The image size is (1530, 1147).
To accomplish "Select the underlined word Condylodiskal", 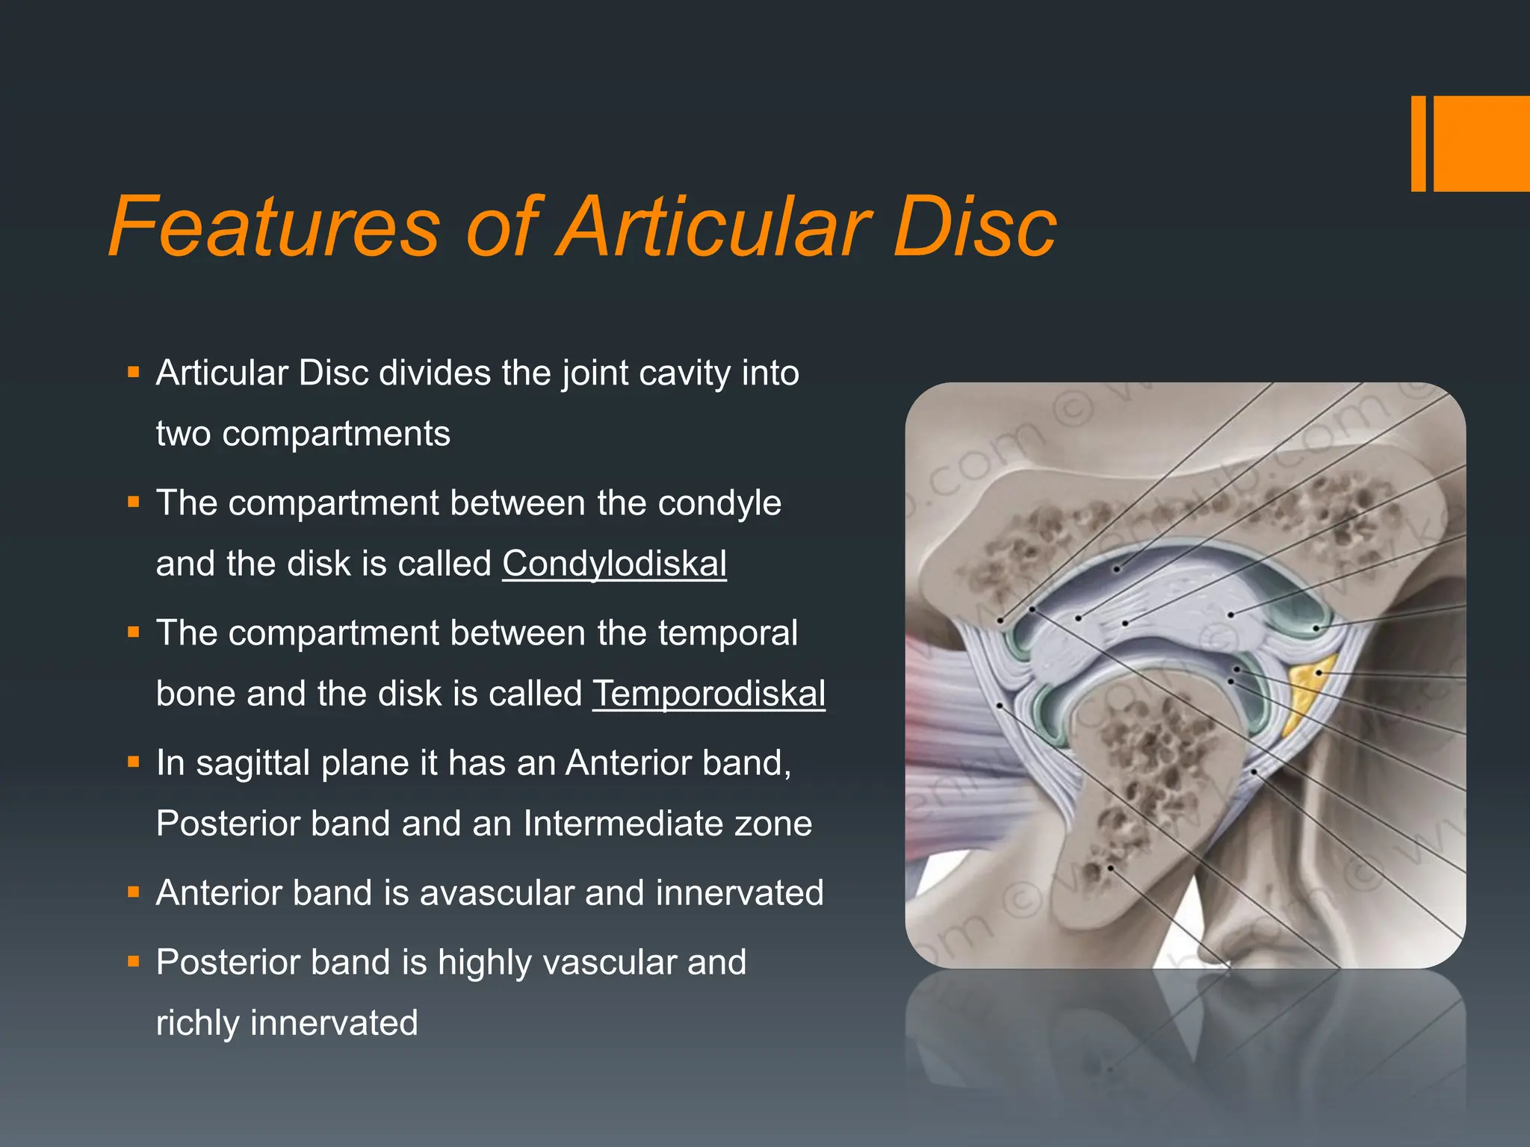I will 614,564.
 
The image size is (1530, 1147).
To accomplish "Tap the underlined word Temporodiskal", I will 708,694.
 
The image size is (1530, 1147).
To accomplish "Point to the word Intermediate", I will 623,824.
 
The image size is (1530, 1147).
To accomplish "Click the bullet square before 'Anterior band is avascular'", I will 134,892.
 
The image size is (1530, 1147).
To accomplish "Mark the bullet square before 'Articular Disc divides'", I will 134,372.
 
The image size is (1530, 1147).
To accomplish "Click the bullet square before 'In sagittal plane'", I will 134,762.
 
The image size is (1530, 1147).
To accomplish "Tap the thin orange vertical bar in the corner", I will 1418,143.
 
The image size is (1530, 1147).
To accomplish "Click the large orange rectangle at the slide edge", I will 1481,143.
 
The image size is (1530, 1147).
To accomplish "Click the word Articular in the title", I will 716,226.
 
